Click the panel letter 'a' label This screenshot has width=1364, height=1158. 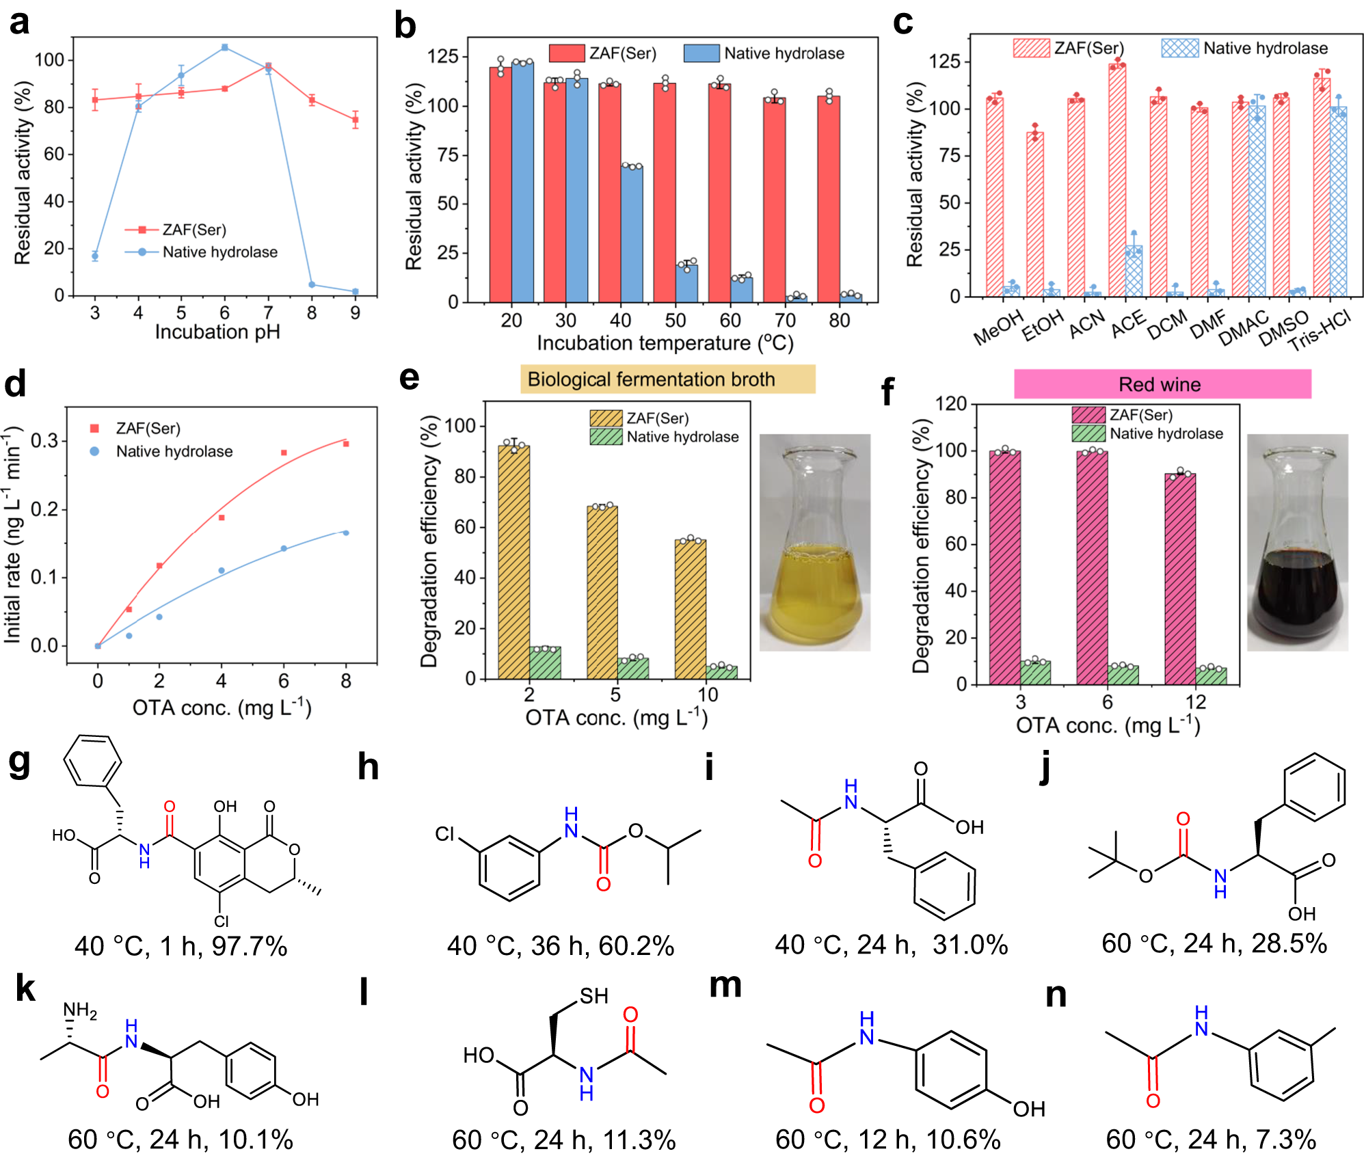19,22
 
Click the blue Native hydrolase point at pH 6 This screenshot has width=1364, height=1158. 224,47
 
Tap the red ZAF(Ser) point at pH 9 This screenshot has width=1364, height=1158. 355,120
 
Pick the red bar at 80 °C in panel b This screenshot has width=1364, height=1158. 829,198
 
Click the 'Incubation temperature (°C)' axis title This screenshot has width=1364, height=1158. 665,342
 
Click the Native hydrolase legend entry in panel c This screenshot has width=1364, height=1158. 1244,49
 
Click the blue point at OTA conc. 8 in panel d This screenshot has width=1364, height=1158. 346,533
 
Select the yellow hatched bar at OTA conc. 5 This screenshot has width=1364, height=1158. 602,591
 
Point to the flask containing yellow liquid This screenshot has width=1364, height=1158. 814,543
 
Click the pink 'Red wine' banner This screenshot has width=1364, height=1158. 1162,384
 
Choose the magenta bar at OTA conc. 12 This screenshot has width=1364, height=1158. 1180,578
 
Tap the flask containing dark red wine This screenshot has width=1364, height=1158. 1297,543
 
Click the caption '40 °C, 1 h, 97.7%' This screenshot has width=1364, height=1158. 180,946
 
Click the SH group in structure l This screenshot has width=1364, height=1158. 593,996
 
